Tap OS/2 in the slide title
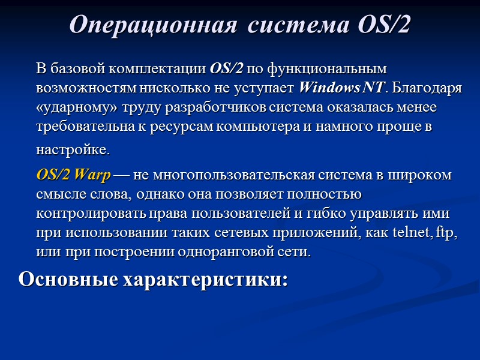click(384, 25)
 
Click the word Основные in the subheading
click(67, 280)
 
